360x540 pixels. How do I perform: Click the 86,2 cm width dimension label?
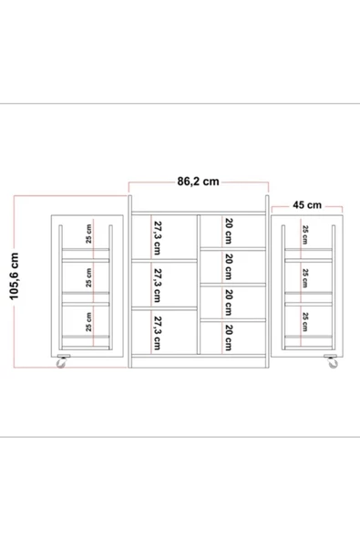199,182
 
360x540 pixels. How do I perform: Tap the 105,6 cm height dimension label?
15,276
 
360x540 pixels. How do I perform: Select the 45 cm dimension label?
307,205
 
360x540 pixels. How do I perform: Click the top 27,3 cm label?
157,237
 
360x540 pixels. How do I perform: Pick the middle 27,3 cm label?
157,286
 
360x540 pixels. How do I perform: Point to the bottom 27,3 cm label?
157,333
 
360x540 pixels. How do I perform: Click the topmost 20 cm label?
228,231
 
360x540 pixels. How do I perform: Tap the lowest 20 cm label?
228,337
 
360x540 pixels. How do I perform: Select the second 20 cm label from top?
228,266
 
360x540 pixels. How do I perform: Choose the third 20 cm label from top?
228,302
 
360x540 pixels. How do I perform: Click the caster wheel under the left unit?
61,362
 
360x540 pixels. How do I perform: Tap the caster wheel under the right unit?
333,362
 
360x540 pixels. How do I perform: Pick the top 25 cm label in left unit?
88,234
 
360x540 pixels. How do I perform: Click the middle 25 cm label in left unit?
88,278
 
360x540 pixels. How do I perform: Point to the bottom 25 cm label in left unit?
88,322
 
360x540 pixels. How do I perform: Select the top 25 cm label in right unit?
305,234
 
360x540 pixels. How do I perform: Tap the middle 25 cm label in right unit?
305,278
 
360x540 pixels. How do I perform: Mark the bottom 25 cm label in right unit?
305,322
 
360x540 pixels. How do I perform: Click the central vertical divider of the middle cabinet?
199,284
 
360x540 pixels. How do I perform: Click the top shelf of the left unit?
86,249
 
